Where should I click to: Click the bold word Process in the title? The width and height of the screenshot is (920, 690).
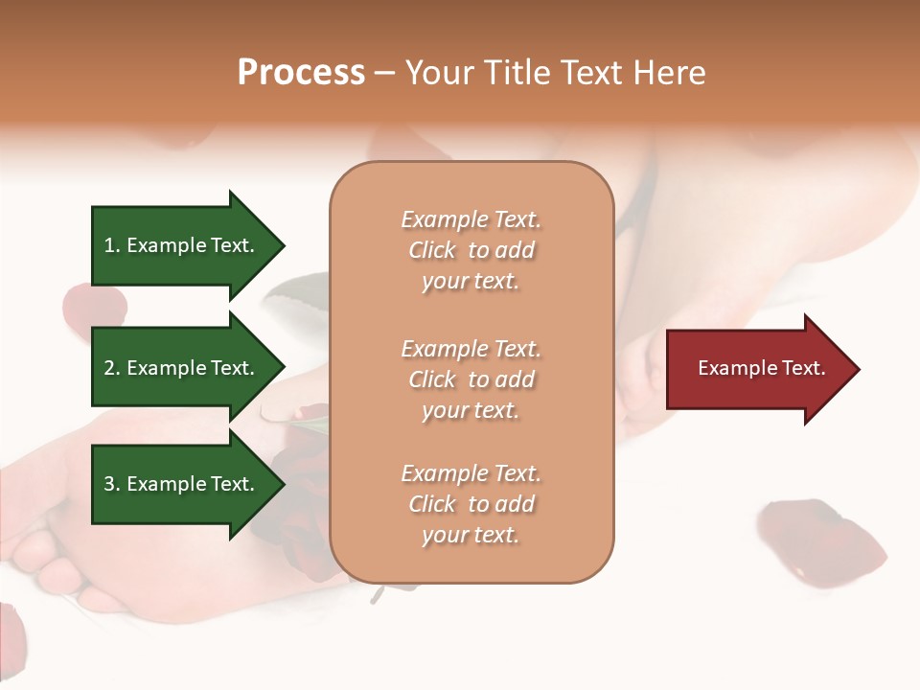point(301,73)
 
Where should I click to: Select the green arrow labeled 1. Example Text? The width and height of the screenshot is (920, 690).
point(182,245)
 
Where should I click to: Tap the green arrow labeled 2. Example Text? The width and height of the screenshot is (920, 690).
point(182,368)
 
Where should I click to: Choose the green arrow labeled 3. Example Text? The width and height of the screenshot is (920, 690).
point(182,484)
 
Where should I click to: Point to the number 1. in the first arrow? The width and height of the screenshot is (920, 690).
point(112,245)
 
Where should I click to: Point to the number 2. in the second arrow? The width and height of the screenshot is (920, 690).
point(112,368)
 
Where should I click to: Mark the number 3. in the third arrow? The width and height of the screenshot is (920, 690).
point(112,484)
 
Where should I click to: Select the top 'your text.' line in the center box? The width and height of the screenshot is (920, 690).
point(470,282)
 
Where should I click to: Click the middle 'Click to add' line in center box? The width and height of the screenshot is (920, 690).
point(471,379)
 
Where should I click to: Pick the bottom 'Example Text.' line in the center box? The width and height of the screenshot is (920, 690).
point(471,473)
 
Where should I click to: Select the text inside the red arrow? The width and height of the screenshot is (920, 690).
point(761,368)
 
